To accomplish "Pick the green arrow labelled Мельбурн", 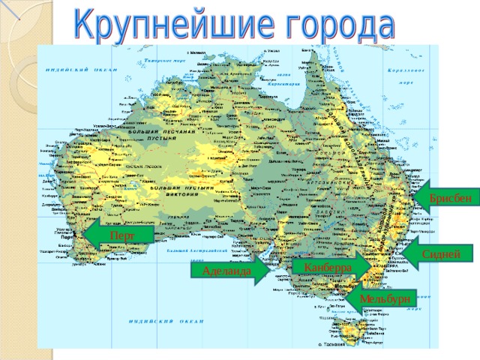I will pyautogui.click(x=381, y=298).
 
